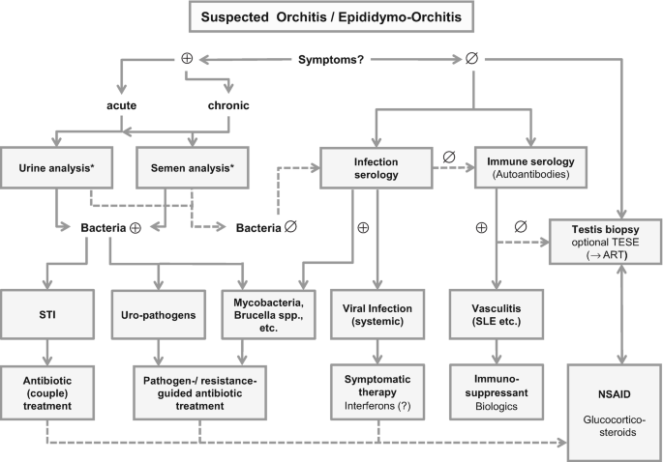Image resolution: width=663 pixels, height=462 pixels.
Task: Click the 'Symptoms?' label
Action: [334, 59]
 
